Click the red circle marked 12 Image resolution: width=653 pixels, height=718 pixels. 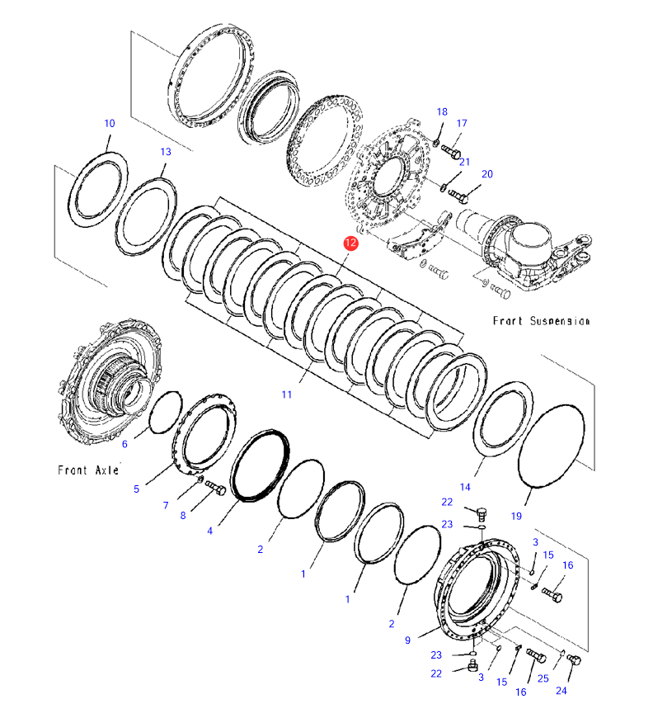click(x=350, y=243)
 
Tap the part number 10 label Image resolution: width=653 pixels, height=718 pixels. click(x=109, y=124)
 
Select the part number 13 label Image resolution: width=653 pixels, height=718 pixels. click(x=166, y=152)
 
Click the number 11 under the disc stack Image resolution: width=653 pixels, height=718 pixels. click(x=286, y=394)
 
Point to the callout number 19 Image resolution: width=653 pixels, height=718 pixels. click(x=516, y=517)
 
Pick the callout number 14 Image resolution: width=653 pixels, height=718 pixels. click(x=465, y=487)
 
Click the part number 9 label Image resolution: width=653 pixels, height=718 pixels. click(x=407, y=640)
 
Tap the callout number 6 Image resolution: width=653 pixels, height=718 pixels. click(x=124, y=444)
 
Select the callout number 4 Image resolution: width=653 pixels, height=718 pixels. click(x=210, y=531)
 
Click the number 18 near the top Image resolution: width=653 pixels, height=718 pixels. click(x=442, y=112)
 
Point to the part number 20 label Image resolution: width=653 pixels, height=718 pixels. click(x=486, y=174)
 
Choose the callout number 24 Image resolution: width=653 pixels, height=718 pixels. click(x=561, y=691)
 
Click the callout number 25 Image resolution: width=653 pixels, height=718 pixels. click(x=543, y=678)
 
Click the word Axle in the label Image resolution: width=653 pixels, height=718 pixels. click(x=104, y=470)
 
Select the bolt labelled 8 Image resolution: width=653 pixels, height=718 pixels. click(x=216, y=489)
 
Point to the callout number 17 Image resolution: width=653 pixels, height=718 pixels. click(x=462, y=124)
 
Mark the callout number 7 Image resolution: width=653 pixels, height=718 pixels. click(x=166, y=505)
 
